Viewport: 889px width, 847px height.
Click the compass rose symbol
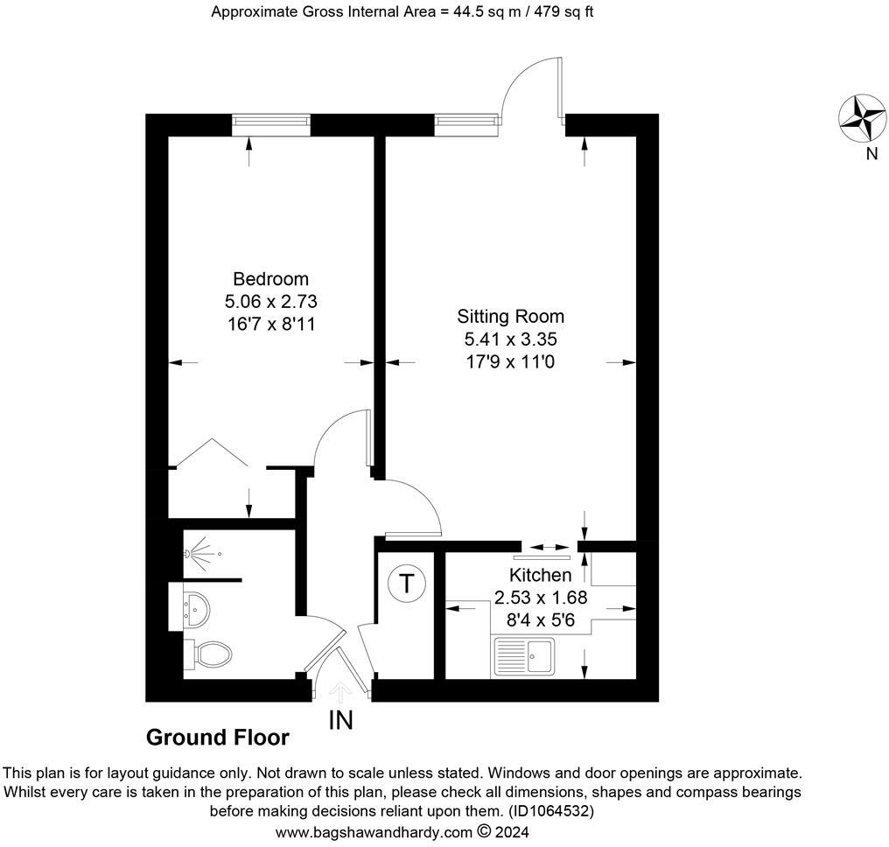point(863,118)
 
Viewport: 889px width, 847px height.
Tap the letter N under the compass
point(871,155)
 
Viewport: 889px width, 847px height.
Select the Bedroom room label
point(270,279)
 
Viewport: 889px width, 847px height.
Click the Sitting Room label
point(511,316)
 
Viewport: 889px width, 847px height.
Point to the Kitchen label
point(541,575)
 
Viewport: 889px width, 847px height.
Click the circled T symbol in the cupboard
point(407,583)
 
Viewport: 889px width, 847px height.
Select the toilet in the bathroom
point(209,653)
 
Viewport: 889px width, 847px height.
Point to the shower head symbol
point(199,554)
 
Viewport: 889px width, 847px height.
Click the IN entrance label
point(340,721)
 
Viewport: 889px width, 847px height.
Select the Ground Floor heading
point(217,738)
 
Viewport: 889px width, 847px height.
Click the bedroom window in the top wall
point(271,124)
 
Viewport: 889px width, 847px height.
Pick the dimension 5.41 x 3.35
point(511,338)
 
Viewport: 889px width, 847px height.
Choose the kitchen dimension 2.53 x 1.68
point(541,598)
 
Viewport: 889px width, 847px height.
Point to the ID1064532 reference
point(550,811)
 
